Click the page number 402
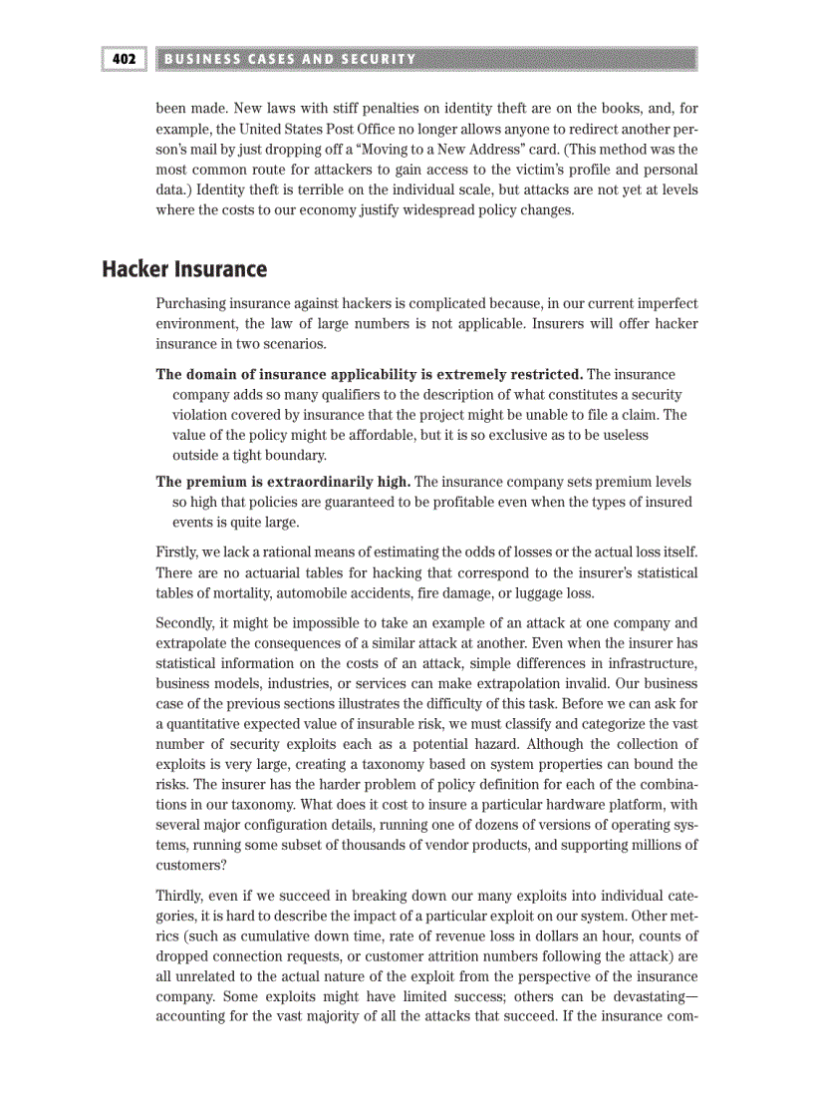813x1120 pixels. point(124,59)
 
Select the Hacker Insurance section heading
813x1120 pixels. point(184,269)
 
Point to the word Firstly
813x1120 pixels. point(177,551)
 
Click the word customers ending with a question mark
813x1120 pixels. point(190,866)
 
